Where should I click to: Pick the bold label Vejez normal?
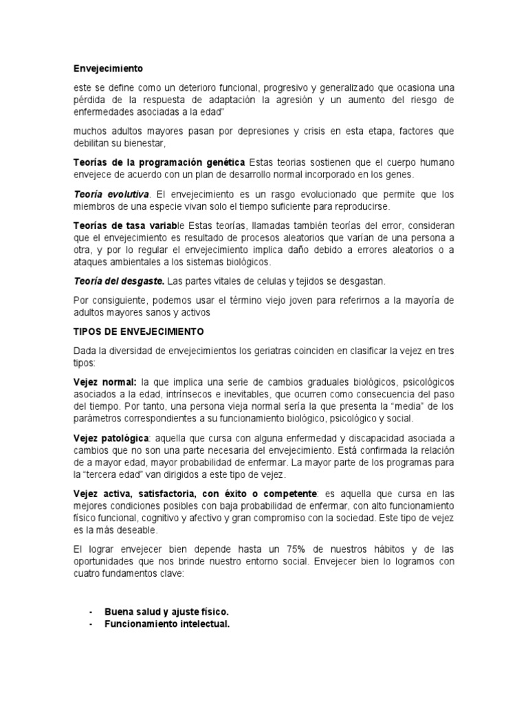point(105,382)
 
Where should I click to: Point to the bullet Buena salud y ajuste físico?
point(166,611)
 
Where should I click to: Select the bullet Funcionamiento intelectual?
point(166,624)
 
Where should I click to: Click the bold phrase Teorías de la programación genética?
point(159,162)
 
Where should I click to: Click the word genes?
point(399,174)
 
